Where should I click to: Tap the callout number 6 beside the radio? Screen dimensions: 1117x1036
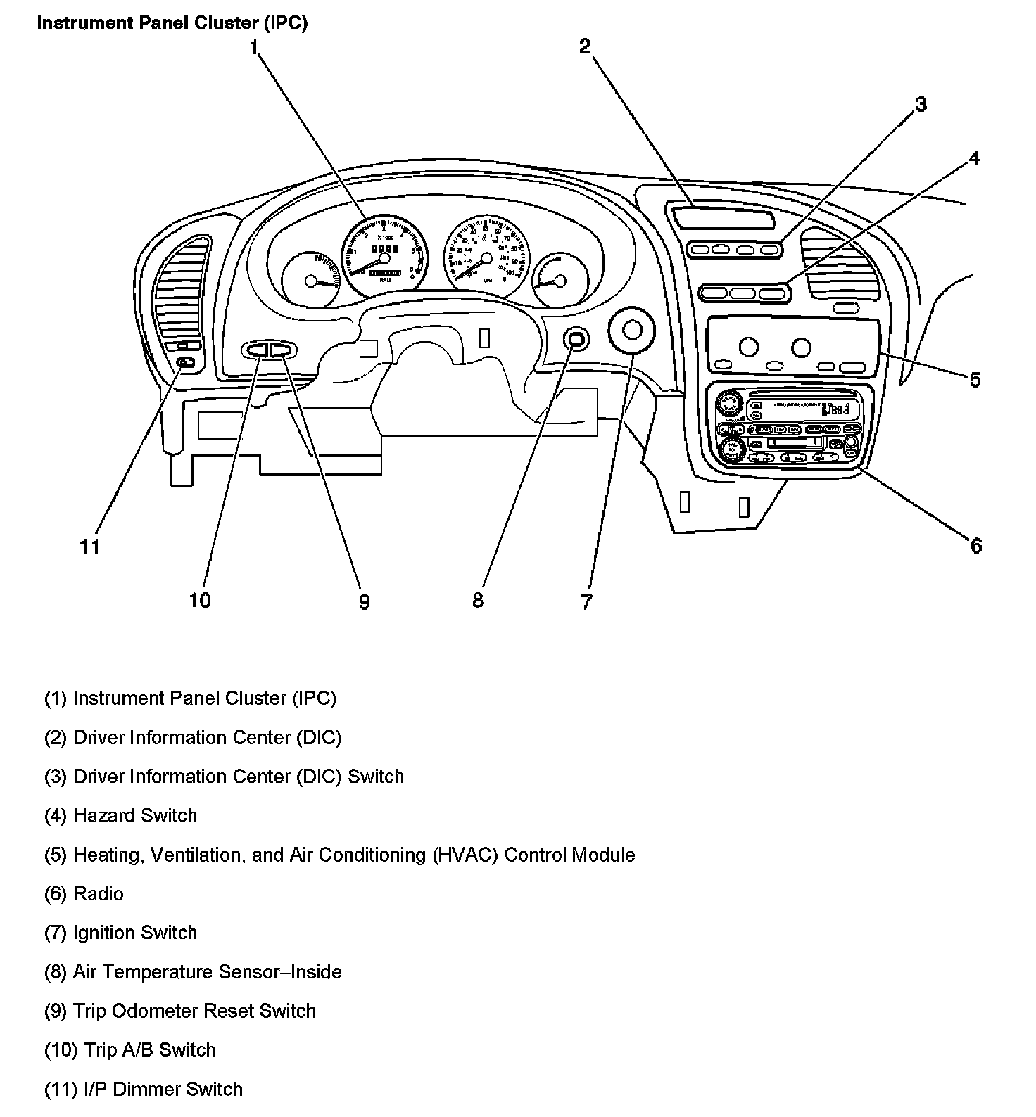click(x=975, y=546)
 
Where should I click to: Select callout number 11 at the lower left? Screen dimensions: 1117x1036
click(x=89, y=547)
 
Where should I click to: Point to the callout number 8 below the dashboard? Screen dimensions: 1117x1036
click(x=478, y=600)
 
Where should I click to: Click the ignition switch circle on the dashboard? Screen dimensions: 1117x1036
click(x=631, y=330)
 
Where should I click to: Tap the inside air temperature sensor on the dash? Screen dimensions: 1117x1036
click(x=576, y=340)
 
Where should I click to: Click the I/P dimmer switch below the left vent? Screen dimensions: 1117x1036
click(x=184, y=362)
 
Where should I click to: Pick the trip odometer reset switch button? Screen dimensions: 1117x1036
click(x=282, y=349)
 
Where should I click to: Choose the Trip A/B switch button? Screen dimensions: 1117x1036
click(x=256, y=349)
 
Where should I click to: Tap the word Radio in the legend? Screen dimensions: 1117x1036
click(x=99, y=894)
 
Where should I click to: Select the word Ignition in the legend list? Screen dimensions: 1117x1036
click(x=103, y=933)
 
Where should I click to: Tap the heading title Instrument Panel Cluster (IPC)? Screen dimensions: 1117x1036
click(x=172, y=23)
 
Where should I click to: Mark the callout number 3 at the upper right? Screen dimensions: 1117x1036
click(x=920, y=105)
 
